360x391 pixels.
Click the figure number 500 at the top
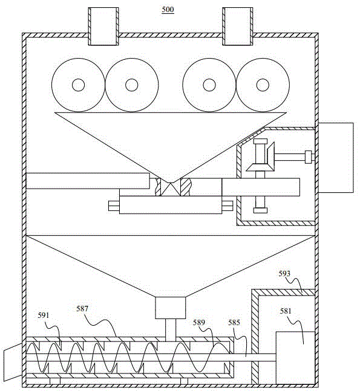168,10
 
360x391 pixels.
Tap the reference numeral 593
284,274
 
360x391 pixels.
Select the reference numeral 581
286,311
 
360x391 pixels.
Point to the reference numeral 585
234,323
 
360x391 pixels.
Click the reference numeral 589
198,323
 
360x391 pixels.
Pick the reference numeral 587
82,309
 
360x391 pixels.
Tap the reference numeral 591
44,315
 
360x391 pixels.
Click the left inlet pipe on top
103,26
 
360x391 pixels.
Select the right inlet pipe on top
237,26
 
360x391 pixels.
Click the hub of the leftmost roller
78,85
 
